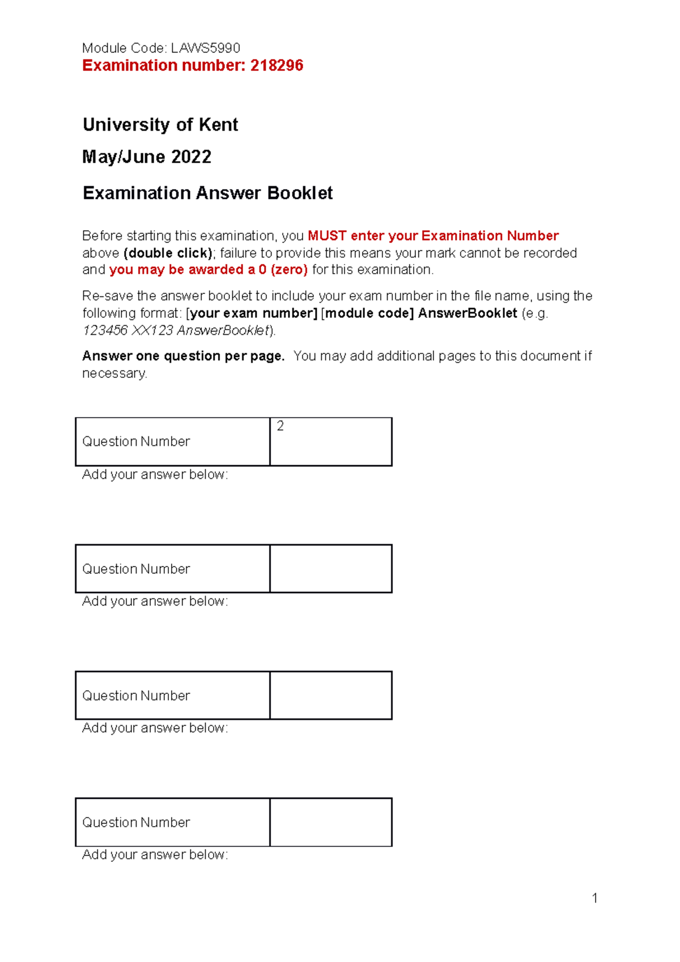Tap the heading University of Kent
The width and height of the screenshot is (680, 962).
160,125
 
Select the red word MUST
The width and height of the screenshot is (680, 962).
327,236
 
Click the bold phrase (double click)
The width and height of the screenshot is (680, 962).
168,253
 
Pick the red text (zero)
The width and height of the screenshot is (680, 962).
289,270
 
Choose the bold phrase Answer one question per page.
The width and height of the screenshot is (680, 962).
183,356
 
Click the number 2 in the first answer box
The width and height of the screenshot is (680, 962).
280,426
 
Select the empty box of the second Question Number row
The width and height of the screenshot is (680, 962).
331,569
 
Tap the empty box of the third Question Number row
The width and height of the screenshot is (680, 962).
331,696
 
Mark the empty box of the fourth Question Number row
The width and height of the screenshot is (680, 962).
331,823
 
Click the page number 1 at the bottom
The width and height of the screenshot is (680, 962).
594,898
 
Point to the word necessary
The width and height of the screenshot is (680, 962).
114,374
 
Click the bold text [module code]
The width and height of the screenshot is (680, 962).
367,313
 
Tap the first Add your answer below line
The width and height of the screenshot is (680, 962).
155,475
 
